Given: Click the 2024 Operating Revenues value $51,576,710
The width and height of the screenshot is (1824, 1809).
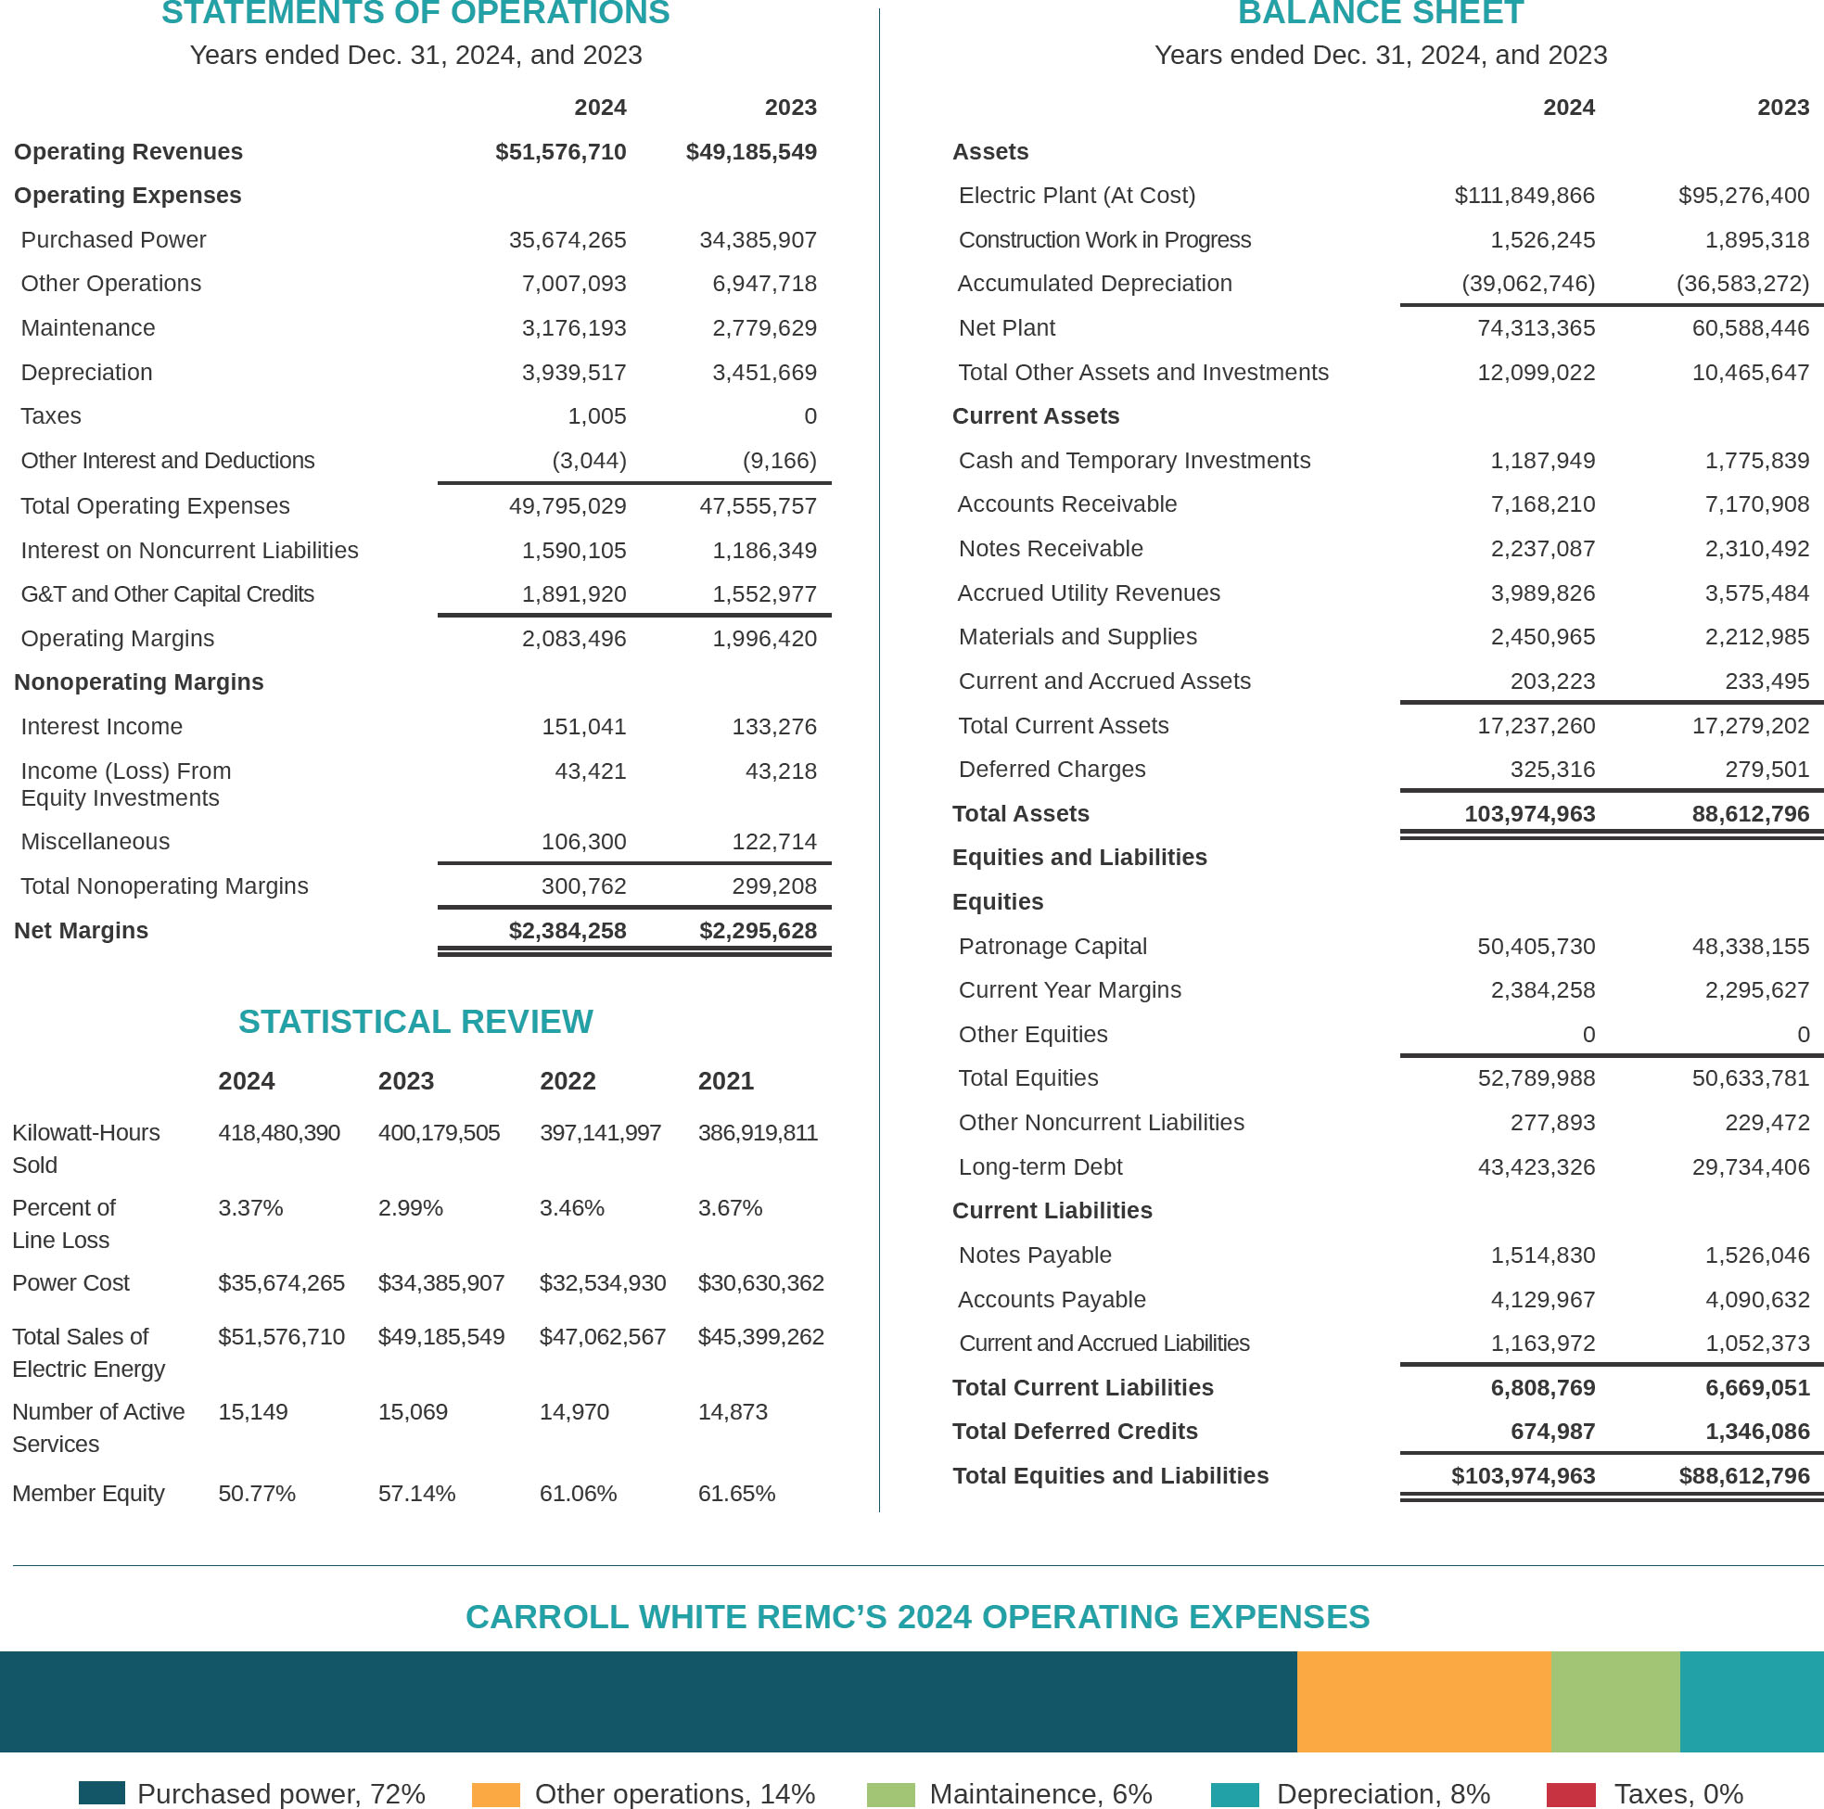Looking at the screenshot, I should pyautogui.click(x=560, y=152).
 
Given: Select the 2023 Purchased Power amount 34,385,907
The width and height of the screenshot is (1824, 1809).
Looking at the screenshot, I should pyautogui.click(x=758, y=240).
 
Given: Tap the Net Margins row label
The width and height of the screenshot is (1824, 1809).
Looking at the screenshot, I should pyautogui.click(x=82, y=930).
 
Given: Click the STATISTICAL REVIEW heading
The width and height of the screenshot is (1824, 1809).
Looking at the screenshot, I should pyautogui.click(x=415, y=1022).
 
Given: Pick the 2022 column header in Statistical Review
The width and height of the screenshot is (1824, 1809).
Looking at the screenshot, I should pyautogui.click(x=568, y=1081).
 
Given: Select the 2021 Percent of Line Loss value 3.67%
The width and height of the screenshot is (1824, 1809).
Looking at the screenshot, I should pyautogui.click(x=730, y=1207).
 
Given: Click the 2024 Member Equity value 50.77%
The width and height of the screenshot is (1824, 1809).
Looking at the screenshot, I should pyautogui.click(x=257, y=1493).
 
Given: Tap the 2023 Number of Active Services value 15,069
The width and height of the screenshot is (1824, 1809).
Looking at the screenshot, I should pyautogui.click(x=413, y=1411).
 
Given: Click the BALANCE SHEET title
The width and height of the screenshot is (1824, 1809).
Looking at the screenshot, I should pyautogui.click(x=1380, y=14).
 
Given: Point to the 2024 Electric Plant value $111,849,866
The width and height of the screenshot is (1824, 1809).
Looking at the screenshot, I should pyautogui.click(x=1524, y=196).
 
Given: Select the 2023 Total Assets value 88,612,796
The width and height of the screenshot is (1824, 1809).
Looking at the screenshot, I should pyautogui.click(x=1751, y=814).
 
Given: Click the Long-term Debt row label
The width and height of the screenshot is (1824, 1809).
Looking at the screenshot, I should pyautogui.click(x=1040, y=1167).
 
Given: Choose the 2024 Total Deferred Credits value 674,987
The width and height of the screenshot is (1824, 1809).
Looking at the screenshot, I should pyautogui.click(x=1552, y=1432).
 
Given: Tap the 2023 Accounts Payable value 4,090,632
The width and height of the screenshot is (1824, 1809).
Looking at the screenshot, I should pyautogui.click(x=1757, y=1299).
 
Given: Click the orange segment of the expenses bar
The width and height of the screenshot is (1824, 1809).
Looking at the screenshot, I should pyautogui.click(x=1423, y=1701).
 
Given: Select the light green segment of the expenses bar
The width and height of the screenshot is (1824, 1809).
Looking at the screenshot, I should pyautogui.click(x=1615, y=1701).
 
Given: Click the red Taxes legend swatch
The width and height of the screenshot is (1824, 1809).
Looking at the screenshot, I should pyautogui.click(x=1570, y=1794).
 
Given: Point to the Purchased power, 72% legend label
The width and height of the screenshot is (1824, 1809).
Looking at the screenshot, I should pyautogui.click(x=281, y=1794).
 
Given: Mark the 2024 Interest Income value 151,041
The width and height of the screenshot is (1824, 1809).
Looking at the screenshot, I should pyautogui.click(x=583, y=727).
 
